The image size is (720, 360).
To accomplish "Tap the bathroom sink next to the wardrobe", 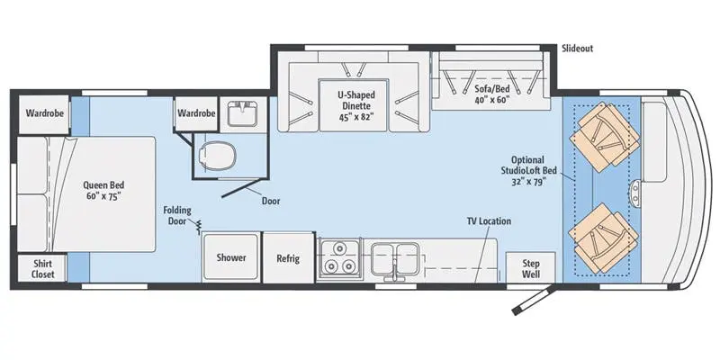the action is [243, 113].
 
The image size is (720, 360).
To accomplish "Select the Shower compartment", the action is [231, 257].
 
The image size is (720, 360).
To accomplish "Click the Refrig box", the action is [288, 257].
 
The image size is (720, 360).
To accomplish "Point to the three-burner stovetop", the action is [339, 257].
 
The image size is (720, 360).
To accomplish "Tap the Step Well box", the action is [530, 267].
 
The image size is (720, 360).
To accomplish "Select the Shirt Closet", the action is [42, 269].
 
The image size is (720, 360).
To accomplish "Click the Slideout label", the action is [577, 49].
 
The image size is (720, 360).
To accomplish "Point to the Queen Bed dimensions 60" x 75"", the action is [103, 196].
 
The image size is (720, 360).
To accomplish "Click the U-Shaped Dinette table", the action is [354, 105].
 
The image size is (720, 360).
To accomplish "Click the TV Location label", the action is [489, 221].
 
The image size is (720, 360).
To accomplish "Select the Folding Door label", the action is [176, 216].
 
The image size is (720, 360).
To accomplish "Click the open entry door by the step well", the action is [534, 299].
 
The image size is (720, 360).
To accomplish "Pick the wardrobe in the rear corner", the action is [44, 114].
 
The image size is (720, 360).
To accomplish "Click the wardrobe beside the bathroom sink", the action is [196, 113].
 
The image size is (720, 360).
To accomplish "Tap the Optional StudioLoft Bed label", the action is [528, 171].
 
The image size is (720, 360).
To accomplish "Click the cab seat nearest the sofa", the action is [604, 137].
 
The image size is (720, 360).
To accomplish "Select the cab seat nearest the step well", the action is [604, 238].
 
